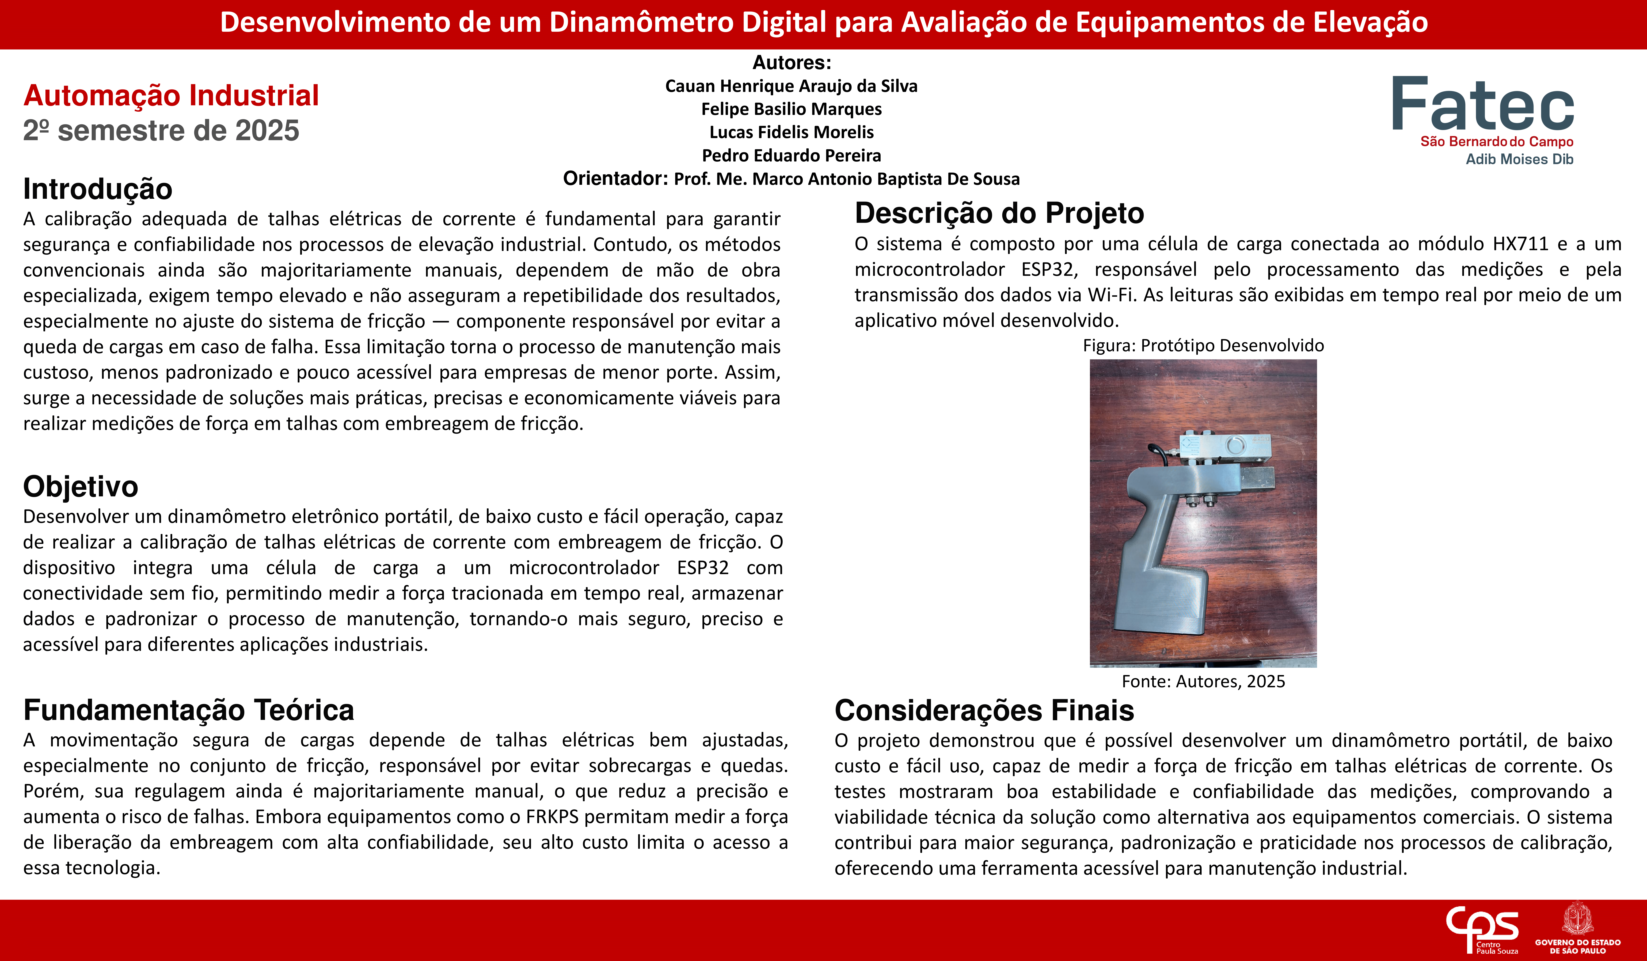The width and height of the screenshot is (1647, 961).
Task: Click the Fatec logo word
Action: pyautogui.click(x=1482, y=105)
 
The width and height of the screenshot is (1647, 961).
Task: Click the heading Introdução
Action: pyautogui.click(x=97, y=189)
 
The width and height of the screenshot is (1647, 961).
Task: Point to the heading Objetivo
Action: pyautogui.click(x=80, y=486)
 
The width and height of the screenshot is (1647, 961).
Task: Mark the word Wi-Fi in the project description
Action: pyautogui.click(x=1110, y=295)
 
